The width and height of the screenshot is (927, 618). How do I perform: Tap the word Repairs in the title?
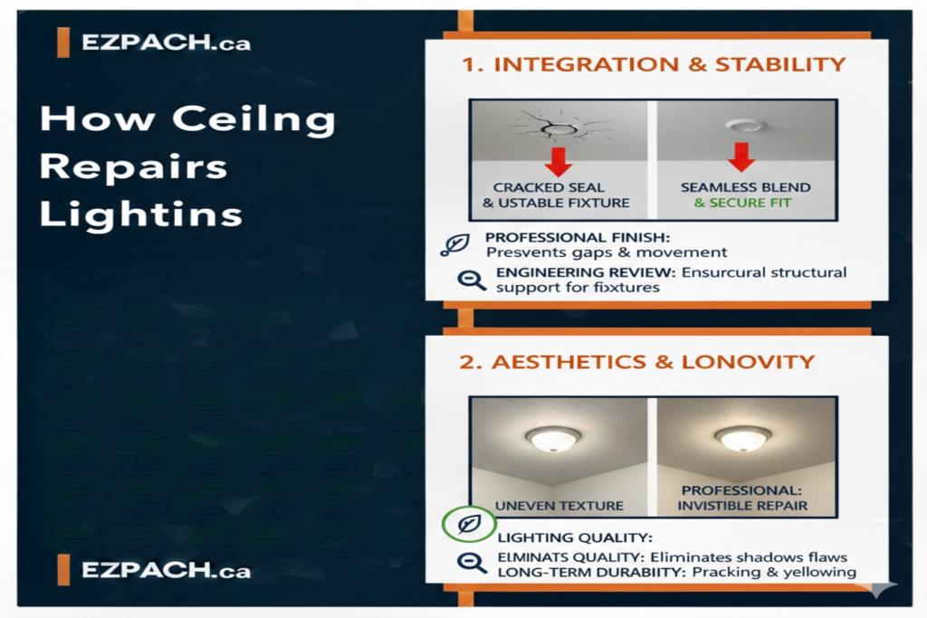coord(133,167)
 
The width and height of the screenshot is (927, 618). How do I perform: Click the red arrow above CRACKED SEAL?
coord(559,160)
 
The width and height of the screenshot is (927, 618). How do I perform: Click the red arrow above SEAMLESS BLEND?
coord(741,157)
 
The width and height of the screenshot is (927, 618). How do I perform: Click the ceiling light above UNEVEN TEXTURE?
coord(553,438)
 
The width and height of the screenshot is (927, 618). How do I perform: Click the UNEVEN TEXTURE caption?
coord(559,505)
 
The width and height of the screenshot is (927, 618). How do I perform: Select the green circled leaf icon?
coord(469,524)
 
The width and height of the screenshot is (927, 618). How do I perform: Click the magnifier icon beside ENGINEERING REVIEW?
coord(471,279)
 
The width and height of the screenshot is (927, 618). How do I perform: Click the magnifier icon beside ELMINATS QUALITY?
coord(471,563)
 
